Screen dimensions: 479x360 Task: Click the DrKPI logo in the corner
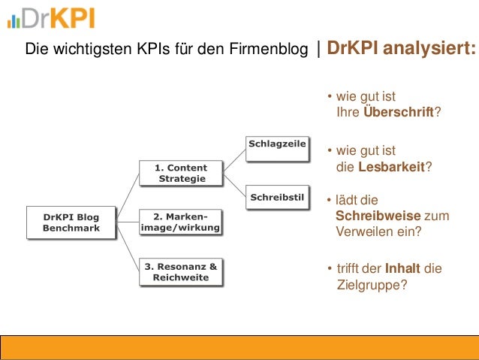pos(51,18)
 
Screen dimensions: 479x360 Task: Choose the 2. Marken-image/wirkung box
pos(181,222)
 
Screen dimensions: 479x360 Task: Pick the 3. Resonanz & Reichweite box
pos(181,272)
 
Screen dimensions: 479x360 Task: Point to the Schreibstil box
pos(277,198)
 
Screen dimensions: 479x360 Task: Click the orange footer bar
pos(239,348)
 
